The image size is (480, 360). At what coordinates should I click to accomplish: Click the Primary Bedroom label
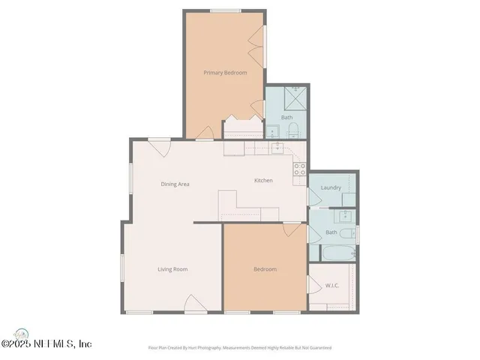point(225,73)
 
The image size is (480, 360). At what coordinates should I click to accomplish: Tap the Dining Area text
point(175,184)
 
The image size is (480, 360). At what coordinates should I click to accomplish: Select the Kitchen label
point(263,181)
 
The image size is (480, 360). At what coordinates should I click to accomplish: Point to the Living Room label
point(172,269)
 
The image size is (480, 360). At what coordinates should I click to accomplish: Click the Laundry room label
point(331,187)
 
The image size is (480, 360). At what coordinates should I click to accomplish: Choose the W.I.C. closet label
point(333,285)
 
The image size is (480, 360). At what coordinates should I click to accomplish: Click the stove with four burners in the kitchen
point(300,168)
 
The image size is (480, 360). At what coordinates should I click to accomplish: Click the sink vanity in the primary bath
point(274,132)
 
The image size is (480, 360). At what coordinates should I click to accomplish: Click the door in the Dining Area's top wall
point(161,145)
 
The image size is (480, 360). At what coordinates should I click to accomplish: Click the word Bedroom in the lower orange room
point(265,269)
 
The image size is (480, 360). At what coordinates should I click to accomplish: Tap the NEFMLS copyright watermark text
point(46,344)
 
